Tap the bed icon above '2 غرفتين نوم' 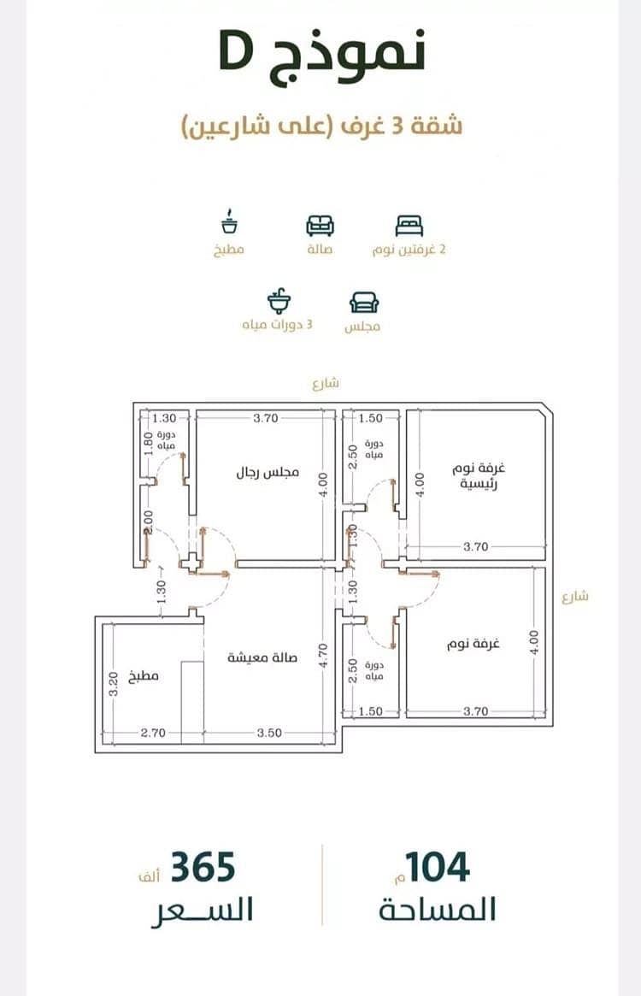[x=409, y=226]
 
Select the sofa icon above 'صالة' [x=320, y=226]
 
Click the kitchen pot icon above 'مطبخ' [x=229, y=221]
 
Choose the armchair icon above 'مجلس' [x=364, y=303]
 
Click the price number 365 [x=203, y=867]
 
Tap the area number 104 [x=438, y=867]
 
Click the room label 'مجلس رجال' [x=268, y=474]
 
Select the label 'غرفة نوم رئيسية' [x=479, y=476]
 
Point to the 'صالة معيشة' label [x=262, y=657]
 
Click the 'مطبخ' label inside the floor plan [x=144, y=676]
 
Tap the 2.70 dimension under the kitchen [x=153, y=733]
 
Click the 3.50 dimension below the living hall [x=269, y=733]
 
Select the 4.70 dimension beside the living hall [x=323, y=657]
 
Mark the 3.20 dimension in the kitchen [x=114, y=683]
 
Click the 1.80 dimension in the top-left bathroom [x=148, y=444]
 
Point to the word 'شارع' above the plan [x=326, y=383]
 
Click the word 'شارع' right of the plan [x=575, y=597]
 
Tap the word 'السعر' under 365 [x=203, y=911]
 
